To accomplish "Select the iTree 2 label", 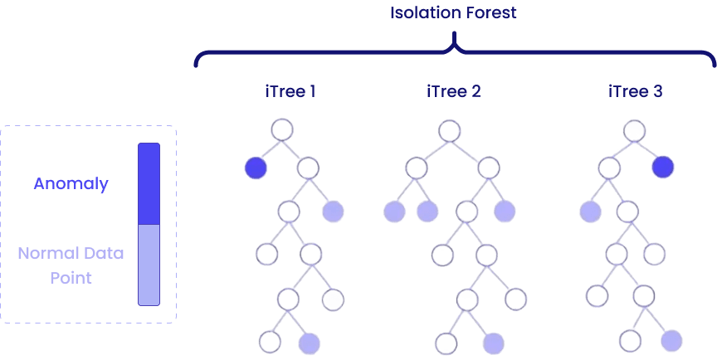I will (x=453, y=91).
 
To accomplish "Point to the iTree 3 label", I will (x=635, y=91).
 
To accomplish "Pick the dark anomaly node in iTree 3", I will (x=662, y=168).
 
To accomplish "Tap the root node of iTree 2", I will (x=448, y=129).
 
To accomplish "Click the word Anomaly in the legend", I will (x=71, y=184).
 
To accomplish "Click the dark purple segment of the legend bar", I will (x=149, y=184).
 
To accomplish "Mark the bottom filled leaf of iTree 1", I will (x=309, y=341).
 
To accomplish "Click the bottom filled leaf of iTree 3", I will (x=671, y=340).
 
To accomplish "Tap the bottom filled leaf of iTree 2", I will (x=492, y=341).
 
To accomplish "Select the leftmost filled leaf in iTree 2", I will (x=393, y=212).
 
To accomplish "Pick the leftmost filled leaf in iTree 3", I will (x=589, y=212).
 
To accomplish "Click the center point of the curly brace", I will (x=454, y=46).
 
